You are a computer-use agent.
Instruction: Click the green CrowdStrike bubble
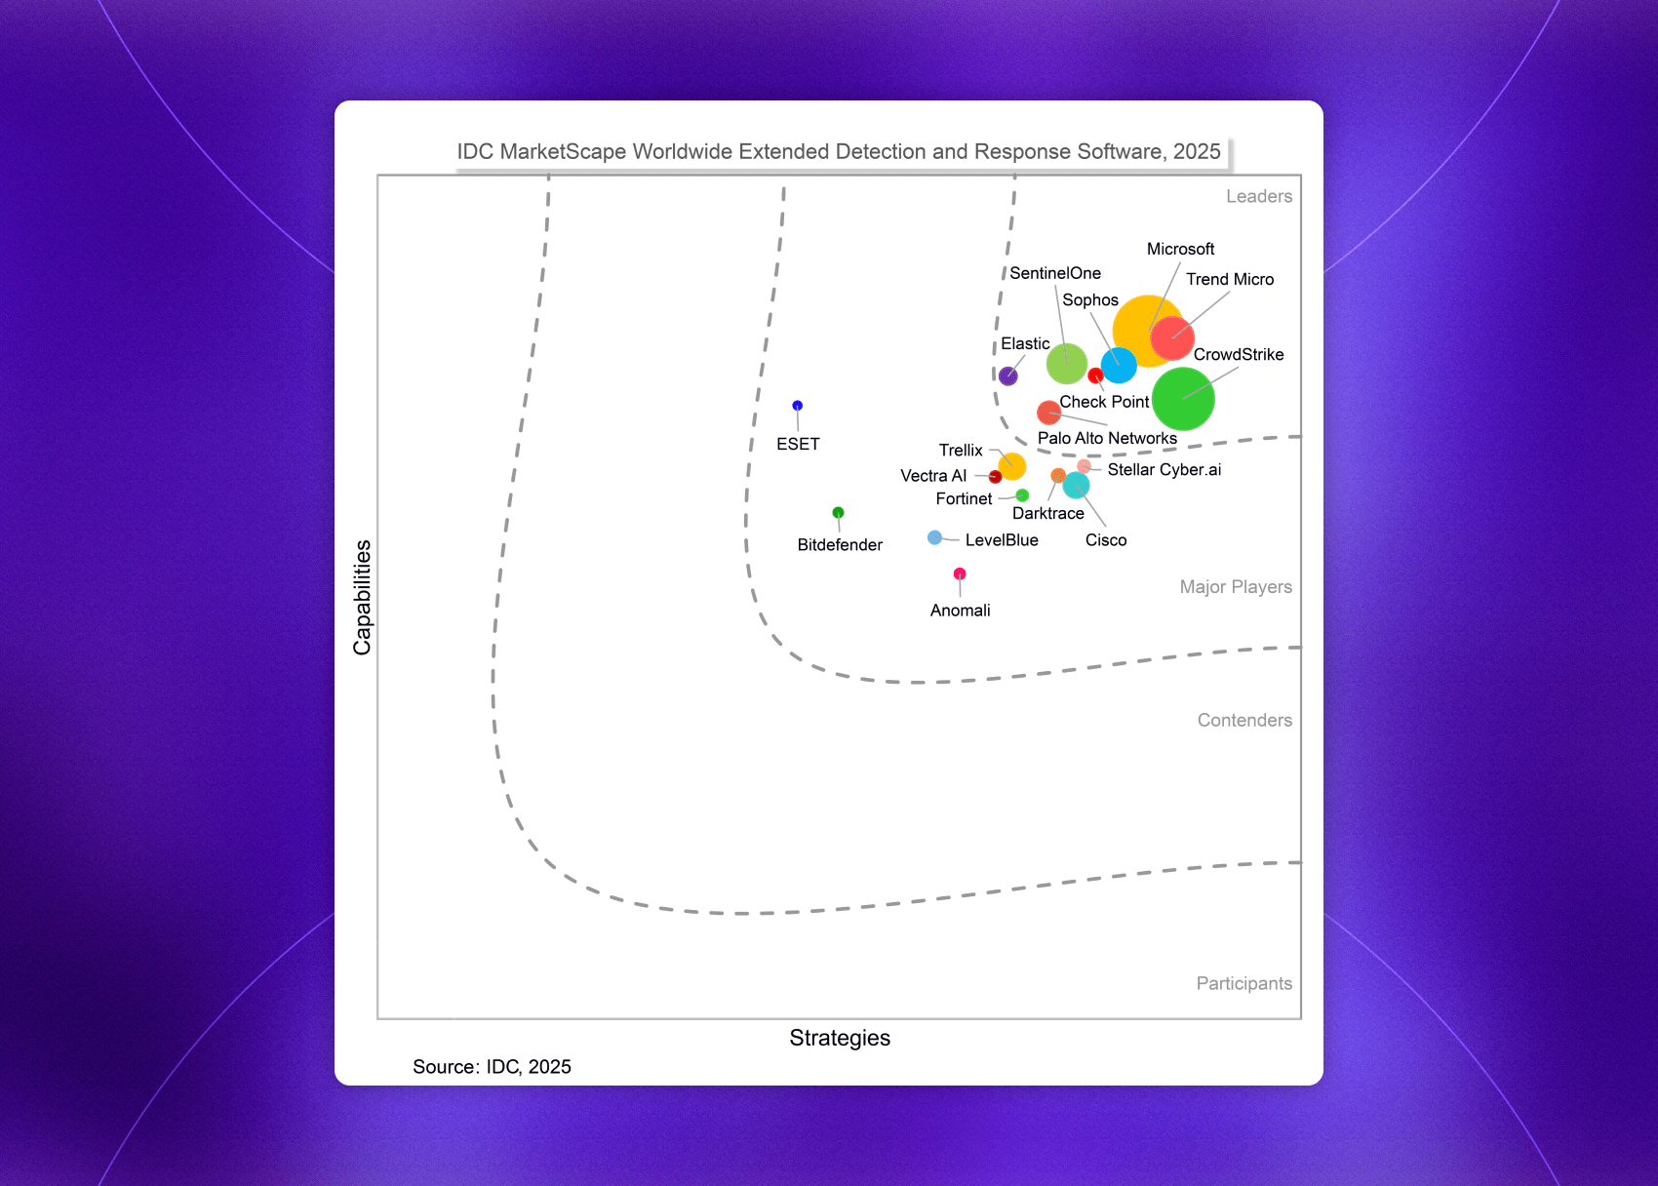1183,399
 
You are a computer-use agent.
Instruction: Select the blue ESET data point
797,406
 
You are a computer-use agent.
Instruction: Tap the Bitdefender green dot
838,513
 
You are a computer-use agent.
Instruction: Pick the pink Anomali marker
960,573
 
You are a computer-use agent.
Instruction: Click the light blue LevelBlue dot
934,537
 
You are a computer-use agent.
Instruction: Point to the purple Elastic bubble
1008,376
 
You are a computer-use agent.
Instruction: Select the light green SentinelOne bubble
1066,364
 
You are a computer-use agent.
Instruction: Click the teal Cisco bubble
1076,485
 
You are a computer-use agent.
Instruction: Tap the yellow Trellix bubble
1012,466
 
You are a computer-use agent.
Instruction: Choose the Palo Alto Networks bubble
1048,413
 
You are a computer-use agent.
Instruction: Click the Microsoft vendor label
1180,250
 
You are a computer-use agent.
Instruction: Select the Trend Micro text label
1230,280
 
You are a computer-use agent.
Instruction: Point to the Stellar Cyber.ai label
1164,470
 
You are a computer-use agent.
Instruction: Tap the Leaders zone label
1258,197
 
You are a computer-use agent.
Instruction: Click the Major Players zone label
1235,587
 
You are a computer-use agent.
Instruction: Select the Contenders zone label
1244,721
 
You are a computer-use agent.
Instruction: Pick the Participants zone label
1243,984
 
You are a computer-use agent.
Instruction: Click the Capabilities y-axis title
363,597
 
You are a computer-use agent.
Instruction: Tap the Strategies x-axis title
840,1038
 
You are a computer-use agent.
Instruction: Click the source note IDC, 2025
492,1067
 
